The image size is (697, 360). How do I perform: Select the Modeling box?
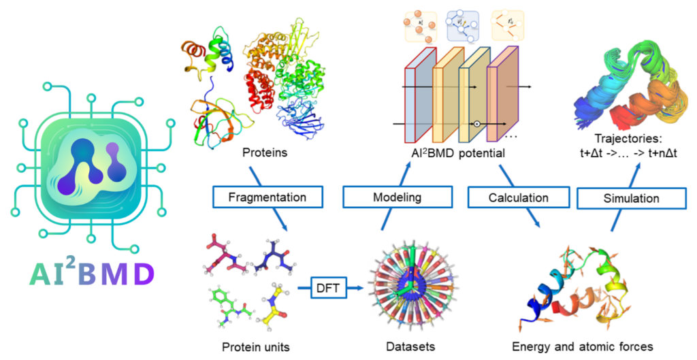tap(397, 198)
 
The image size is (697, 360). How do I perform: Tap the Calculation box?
tap(518, 198)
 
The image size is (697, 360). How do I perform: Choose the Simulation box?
tap(631, 198)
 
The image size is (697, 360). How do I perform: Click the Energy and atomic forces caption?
tap(581, 347)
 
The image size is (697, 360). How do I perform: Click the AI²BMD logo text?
tap(92, 274)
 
